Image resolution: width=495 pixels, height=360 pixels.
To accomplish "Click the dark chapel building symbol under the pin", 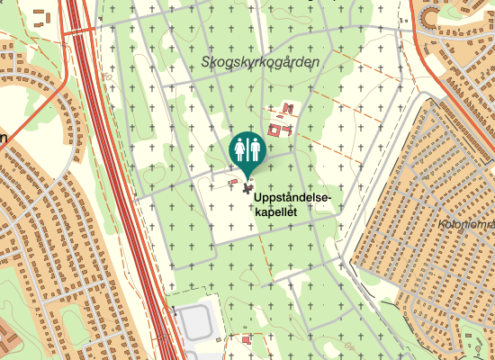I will [248, 189].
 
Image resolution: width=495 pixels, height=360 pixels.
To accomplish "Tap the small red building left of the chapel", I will [234, 182].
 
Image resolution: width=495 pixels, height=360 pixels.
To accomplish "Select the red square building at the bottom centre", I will [247, 340].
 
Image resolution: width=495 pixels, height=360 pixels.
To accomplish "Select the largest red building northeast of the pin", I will [274, 130].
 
